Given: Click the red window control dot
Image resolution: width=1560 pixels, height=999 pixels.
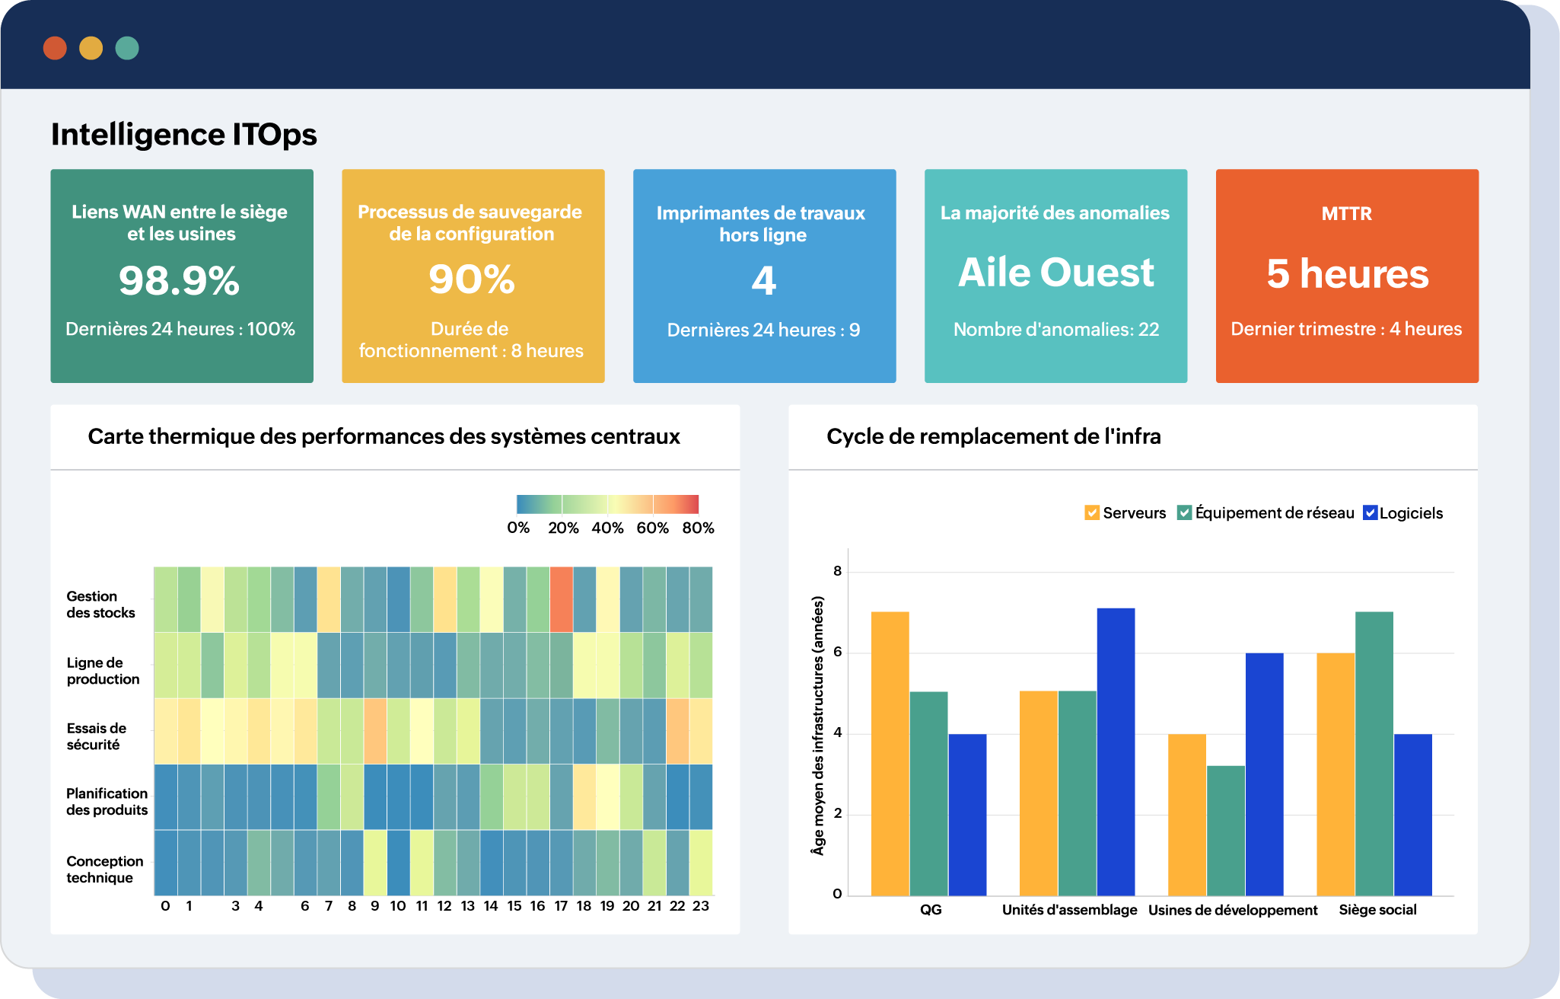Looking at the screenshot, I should (x=55, y=48).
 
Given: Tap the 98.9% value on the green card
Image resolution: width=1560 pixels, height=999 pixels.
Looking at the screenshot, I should (x=180, y=280).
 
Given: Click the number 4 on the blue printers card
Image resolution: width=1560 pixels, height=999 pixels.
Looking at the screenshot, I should (x=764, y=280).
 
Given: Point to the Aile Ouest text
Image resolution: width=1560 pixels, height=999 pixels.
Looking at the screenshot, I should (x=1055, y=273).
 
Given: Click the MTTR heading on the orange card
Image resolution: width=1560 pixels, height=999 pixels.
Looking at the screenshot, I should (x=1346, y=214).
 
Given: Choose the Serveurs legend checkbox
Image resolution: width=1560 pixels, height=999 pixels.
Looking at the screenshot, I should (x=1092, y=513).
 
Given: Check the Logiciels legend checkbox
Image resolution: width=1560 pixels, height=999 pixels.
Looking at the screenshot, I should (x=1370, y=513).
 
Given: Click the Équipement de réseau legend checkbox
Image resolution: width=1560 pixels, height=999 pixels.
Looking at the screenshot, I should (x=1184, y=513).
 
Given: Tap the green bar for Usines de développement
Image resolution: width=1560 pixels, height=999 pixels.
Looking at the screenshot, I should (x=1226, y=830).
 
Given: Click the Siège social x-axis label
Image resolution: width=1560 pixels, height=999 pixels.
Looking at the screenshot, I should (x=1377, y=910).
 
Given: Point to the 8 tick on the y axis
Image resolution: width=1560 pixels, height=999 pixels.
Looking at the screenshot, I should (x=837, y=571).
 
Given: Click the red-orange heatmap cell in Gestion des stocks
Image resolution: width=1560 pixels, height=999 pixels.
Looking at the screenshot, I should (x=561, y=599).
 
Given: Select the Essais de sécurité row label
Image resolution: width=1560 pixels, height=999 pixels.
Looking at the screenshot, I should (x=97, y=736).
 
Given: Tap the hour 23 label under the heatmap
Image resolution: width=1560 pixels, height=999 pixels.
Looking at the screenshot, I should (x=701, y=906).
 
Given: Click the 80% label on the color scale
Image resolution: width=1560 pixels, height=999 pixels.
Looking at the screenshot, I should (x=698, y=528).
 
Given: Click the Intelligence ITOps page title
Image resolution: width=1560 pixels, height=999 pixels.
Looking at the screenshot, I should (x=183, y=135).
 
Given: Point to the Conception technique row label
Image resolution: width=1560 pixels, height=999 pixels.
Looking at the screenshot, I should (x=104, y=870).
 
